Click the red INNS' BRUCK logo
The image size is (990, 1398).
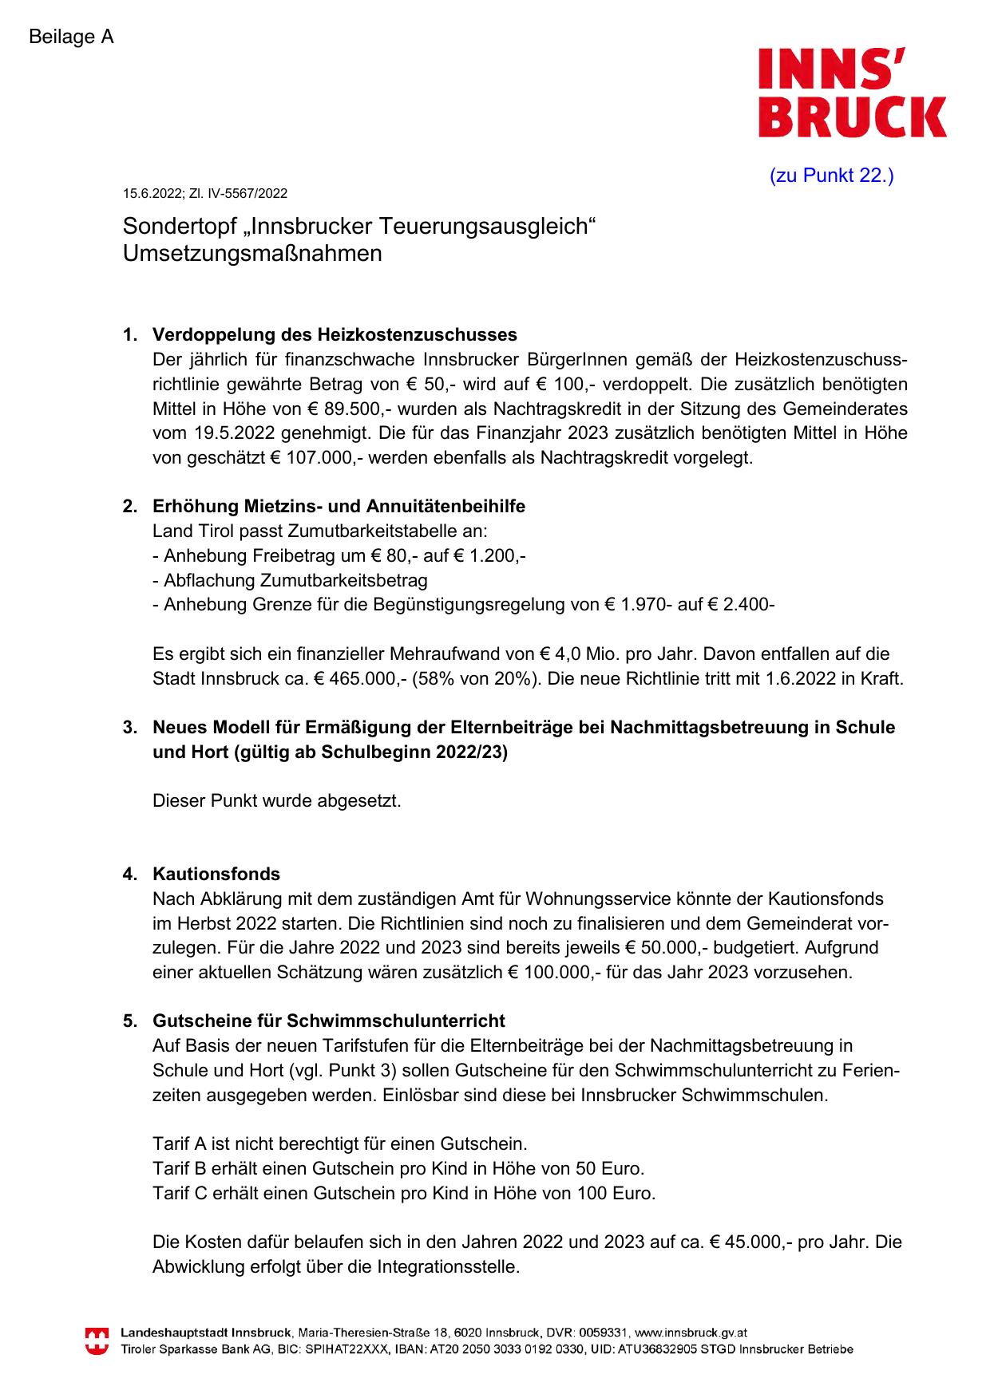tap(851, 92)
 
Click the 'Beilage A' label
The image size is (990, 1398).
tap(71, 37)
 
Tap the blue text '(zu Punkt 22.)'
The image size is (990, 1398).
tap(831, 176)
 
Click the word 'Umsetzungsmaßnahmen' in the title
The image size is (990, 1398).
tap(252, 254)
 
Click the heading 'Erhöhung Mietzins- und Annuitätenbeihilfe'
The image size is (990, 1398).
tap(339, 506)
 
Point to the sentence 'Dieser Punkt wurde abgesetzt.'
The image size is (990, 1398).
tap(277, 800)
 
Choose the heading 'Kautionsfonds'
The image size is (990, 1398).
tap(216, 874)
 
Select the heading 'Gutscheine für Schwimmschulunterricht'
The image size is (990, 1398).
tap(328, 1021)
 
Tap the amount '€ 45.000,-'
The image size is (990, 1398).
tap(754, 1242)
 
